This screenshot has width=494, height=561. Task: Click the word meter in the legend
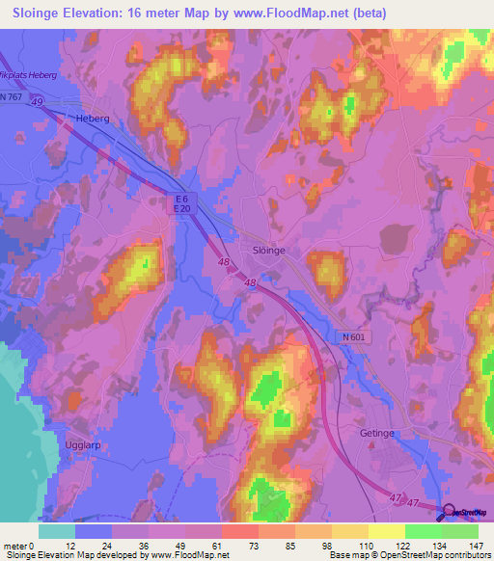tap(16, 545)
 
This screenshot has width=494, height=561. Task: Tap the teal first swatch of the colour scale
tap(57, 531)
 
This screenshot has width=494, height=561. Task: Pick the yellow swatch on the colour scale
tap(387, 531)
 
